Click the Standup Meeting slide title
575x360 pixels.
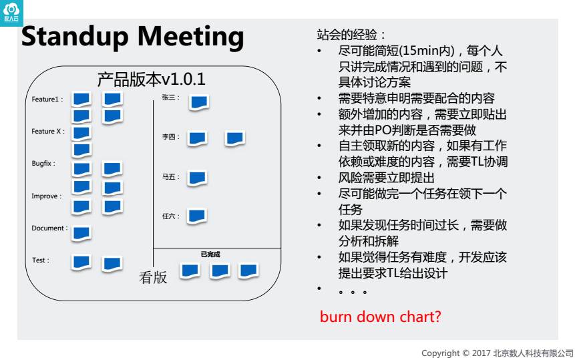[x=133, y=37]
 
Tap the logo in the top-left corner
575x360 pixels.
[x=11, y=11]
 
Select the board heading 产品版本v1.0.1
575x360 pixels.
[x=151, y=79]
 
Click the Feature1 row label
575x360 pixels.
[x=47, y=100]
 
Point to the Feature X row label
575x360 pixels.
[x=48, y=132]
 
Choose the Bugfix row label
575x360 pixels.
[x=44, y=164]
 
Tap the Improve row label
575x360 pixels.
[x=46, y=196]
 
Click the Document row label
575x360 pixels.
[x=49, y=228]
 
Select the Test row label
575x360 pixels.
[x=41, y=260]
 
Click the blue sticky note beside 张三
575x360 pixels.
[x=199, y=102]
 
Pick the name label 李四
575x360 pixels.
[x=171, y=137]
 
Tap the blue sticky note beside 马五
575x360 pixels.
[x=197, y=178]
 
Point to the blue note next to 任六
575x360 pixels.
[x=196, y=216]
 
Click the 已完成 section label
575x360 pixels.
[x=210, y=254]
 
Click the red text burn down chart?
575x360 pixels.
[x=381, y=317]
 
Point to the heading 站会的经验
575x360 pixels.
[x=351, y=35]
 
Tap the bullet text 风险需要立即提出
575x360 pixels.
[x=387, y=178]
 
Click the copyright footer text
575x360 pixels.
[x=497, y=353]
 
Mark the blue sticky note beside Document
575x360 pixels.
[x=81, y=233]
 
